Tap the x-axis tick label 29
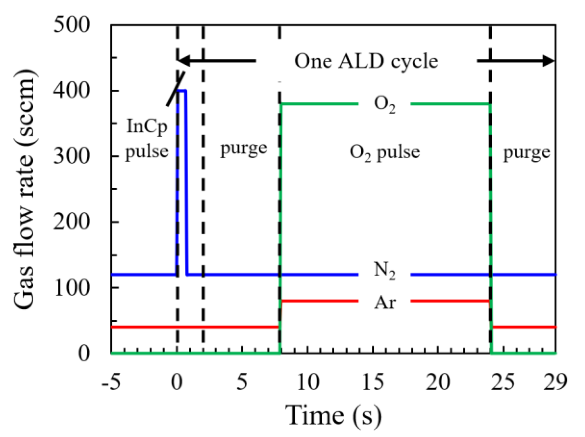pos(555,382)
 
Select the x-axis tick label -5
pos(111,382)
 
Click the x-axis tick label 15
pos(373,382)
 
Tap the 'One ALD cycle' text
pos(366,61)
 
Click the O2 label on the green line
pos(384,105)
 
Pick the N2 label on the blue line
pos(384,271)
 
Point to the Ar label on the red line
pos(385,302)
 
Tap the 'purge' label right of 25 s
pos(526,153)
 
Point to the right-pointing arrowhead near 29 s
pos(548,61)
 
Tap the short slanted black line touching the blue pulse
pos(175,89)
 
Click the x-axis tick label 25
pos(503,382)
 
